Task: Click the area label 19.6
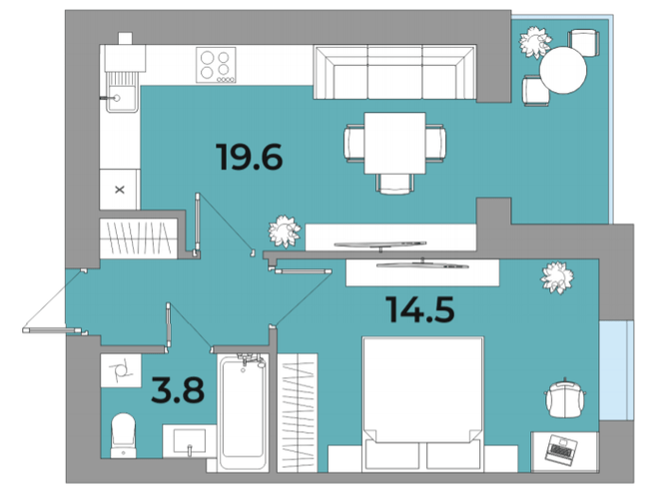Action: pos(250,157)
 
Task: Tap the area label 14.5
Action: pos(420,309)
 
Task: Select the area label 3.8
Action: pos(178,390)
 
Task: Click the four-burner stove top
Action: pos(216,65)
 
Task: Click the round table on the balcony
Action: pos(563,70)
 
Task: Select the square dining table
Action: pos(394,143)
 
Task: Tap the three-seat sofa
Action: pos(394,72)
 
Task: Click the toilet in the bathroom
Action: pos(124,435)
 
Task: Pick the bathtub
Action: pos(243,412)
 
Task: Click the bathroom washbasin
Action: pos(189,441)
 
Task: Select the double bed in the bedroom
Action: pos(422,404)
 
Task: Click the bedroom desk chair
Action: pos(565,398)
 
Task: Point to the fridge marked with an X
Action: pos(120,190)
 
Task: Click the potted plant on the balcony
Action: pos(535,42)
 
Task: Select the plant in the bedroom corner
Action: pos(557,277)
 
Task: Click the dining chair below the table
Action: pos(394,184)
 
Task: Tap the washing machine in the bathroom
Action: pos(121,370)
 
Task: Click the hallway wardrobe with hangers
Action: pos(139,239)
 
